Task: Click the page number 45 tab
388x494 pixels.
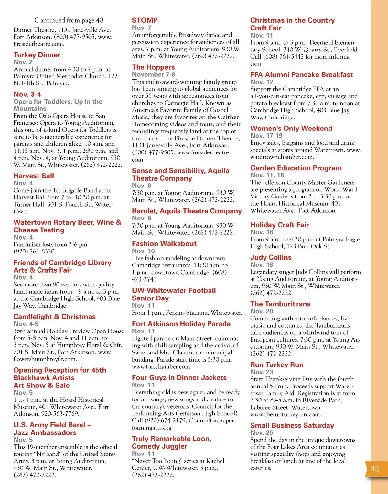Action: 375,469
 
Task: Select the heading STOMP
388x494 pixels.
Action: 145,20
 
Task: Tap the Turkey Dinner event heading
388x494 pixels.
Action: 37,55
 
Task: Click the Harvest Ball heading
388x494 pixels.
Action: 34,176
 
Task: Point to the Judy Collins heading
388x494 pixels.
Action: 271,257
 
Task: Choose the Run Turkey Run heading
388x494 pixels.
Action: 276,365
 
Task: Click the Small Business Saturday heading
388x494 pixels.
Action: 292,425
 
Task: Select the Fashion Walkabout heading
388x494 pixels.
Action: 164,244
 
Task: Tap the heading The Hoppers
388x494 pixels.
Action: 153,67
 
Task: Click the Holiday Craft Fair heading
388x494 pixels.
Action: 279,225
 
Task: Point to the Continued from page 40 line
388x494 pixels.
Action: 69,20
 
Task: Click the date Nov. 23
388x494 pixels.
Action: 261,372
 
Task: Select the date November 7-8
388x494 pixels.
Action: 153,74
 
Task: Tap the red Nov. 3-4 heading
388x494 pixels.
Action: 27,95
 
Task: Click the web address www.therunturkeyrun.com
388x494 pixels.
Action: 286,414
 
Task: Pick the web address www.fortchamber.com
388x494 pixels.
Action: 161,367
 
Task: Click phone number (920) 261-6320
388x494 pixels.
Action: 35,252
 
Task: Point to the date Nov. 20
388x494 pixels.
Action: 261,311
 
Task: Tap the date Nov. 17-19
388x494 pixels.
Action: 266,136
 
